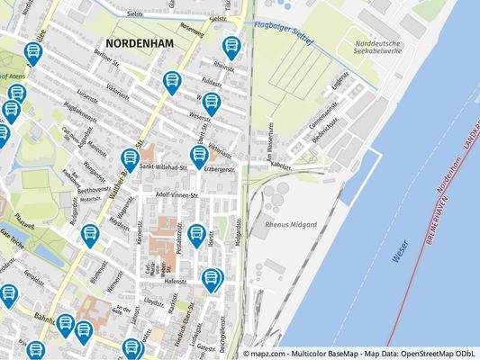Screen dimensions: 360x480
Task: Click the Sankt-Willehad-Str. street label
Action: pyautogui.click(x=163, y=166)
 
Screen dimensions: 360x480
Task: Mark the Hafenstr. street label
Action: pyautogui.click(x=177, y=281)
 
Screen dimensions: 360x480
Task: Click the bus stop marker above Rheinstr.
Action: pyautogui.click(x=231, y=47)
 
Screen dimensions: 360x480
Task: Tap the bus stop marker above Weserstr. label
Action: pyautogui.click(x=211, y=103)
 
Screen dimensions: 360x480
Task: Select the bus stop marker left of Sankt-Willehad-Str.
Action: pyautogui.click(x=130, y=159)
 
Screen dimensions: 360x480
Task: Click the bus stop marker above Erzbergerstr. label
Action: pyautogui.click(x=200, y=157)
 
